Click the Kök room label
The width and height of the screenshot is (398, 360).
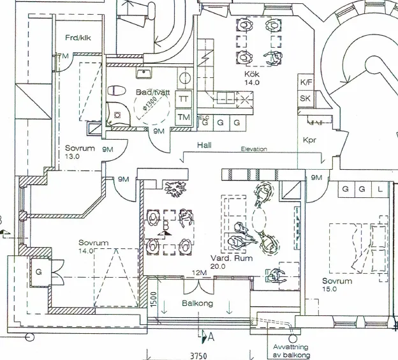coord(252,74)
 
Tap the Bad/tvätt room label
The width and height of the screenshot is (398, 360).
coord(152,93)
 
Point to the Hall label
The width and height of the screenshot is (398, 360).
coord(204,146)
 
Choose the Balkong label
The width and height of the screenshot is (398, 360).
coord(197,303)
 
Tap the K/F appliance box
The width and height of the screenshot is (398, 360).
coord(306,82)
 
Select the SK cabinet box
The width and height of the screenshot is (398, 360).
coord(306,98)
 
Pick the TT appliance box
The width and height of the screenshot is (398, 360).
coord(184,99)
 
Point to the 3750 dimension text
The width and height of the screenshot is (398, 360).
coord(200,354)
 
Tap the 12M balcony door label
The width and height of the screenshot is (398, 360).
coord(200,274)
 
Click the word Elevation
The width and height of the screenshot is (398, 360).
coord(254,149)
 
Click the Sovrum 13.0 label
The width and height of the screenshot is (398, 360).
coord(80,152)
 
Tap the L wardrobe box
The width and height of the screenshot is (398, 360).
coord(380,190)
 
